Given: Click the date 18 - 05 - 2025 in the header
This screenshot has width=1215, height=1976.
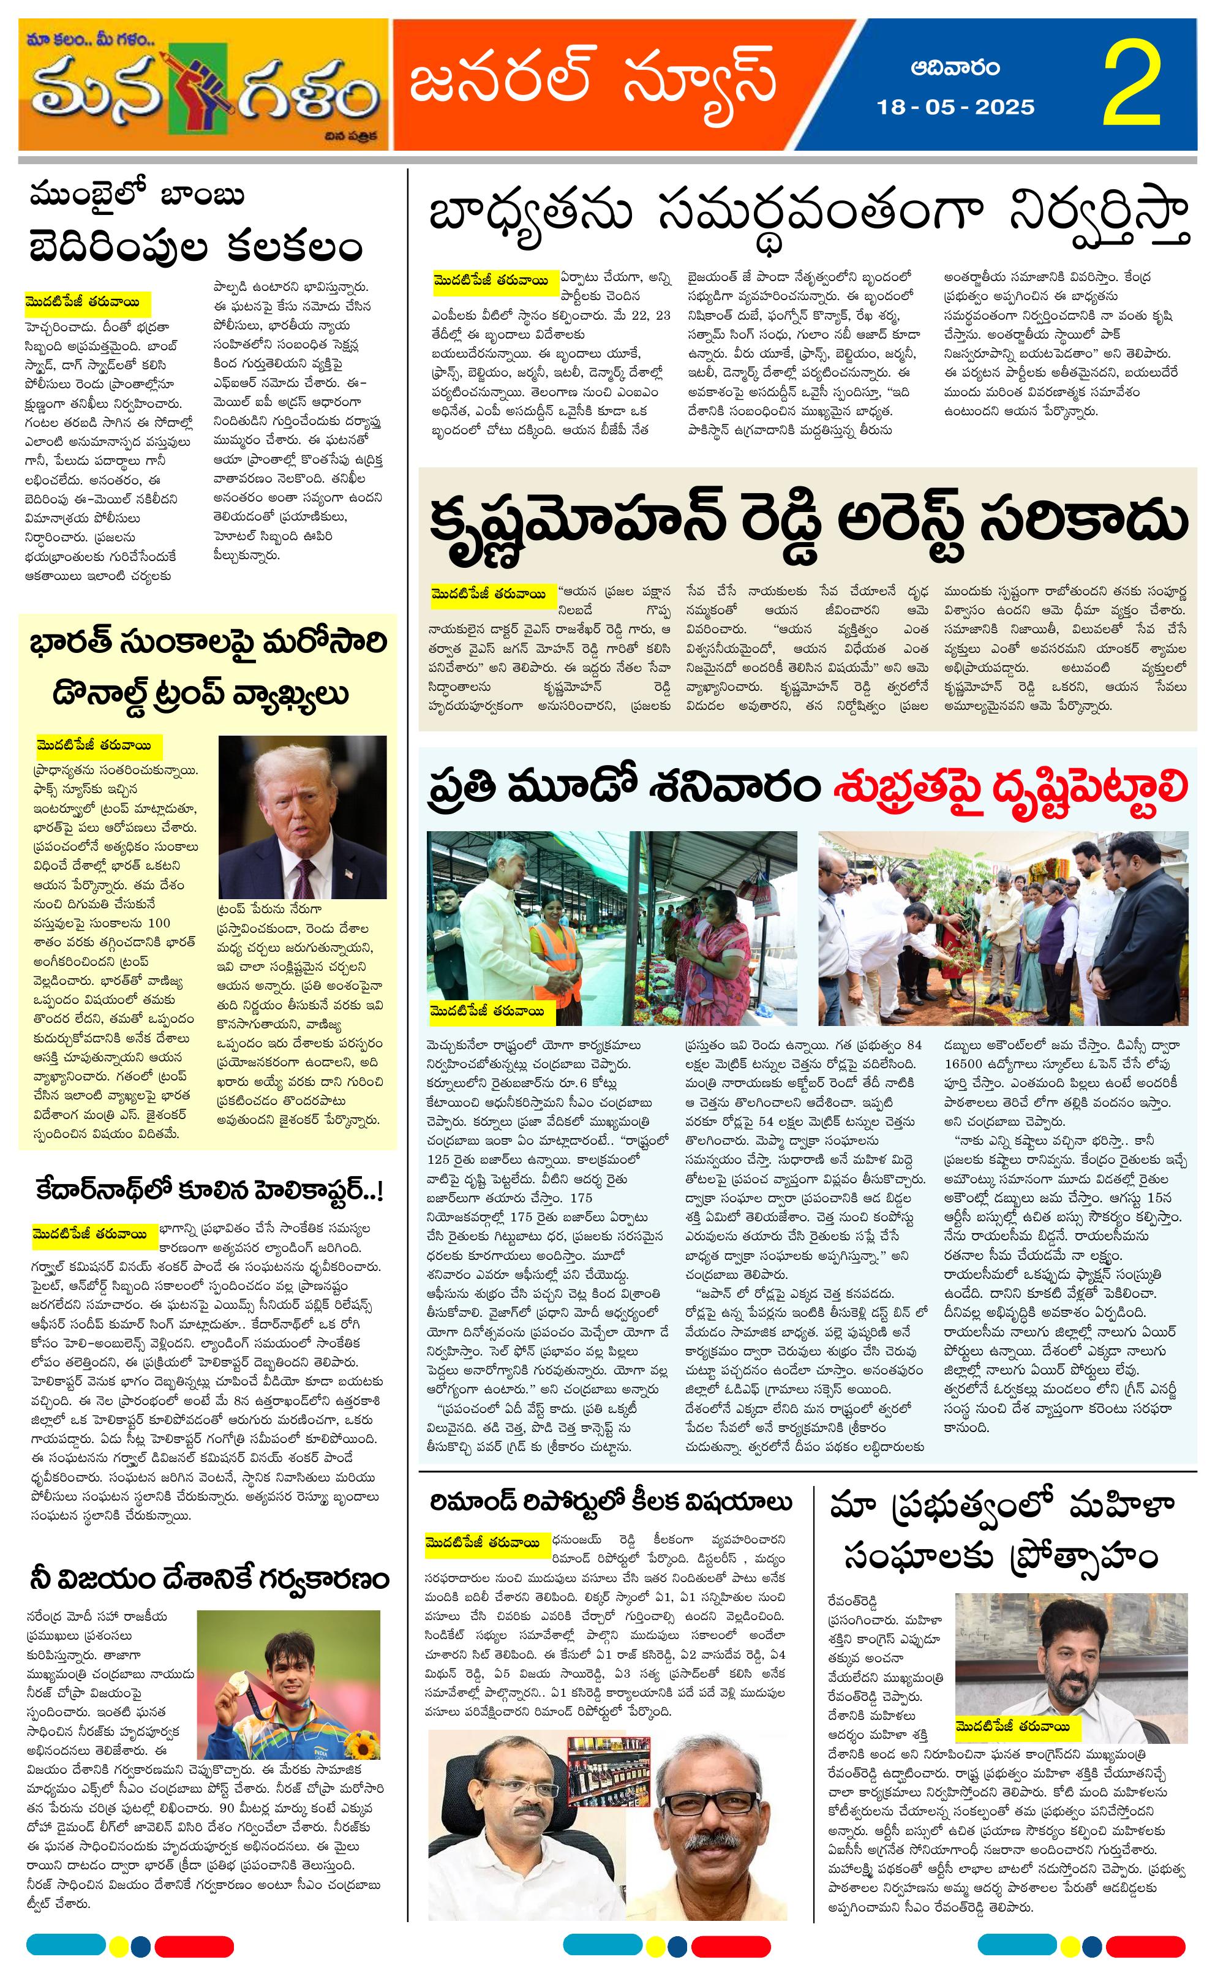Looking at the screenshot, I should [x=955, y=107].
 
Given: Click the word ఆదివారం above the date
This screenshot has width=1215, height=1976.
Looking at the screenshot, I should [x=955, y=67].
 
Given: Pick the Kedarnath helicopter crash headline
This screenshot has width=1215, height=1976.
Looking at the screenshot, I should [x=209, y=1191].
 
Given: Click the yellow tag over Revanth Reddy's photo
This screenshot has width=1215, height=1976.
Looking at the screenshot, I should [x=1012, y=1726].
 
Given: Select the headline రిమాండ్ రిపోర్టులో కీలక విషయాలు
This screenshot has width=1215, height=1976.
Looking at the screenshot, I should [x=611, y=1501].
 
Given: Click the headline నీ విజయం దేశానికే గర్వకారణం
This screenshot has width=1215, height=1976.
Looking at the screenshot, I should [x=209, y=1579].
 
